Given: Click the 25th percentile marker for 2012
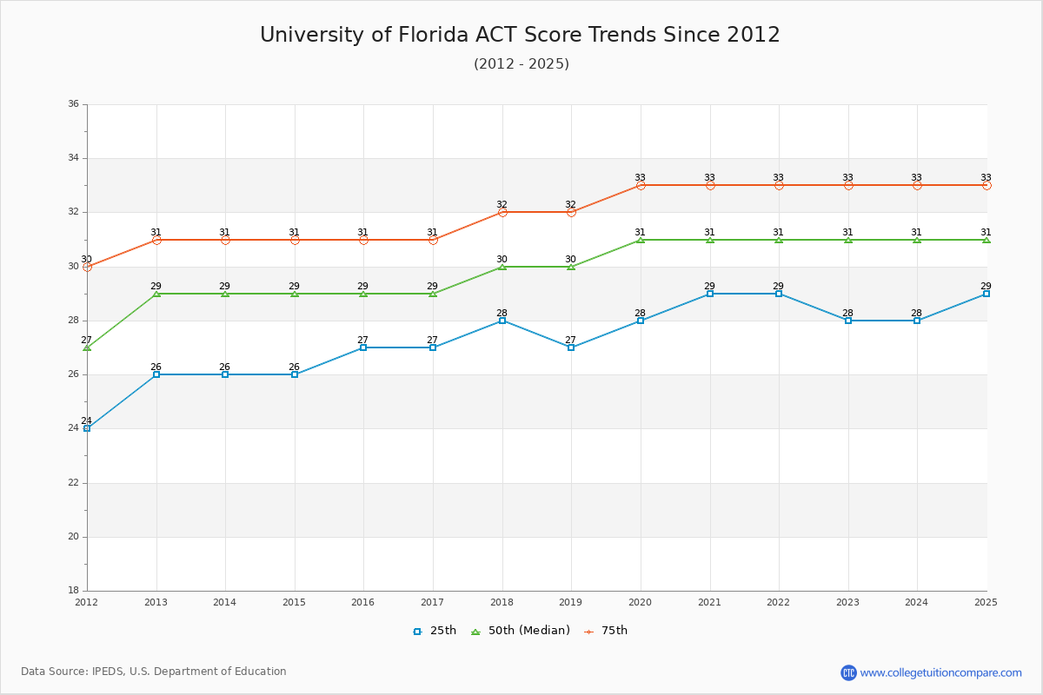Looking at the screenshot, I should [87, 428].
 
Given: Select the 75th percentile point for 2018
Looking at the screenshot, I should [502, 212].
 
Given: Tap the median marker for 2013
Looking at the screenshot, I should [156, 294].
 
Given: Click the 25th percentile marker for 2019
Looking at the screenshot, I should [571, 347].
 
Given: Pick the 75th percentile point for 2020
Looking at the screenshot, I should [641, 185].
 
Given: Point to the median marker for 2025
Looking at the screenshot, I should [987, 239].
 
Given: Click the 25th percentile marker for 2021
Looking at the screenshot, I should [710, 294].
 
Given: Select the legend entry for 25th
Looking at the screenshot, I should [434, 631].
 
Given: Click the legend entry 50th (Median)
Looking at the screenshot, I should [520, 631].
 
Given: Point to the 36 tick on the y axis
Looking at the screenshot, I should [73, 104].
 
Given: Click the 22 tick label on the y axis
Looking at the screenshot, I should [73, 483].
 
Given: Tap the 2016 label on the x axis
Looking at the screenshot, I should [363, 601].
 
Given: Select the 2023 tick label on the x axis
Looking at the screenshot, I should [847, 601].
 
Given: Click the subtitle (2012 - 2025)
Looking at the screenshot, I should [521, 64].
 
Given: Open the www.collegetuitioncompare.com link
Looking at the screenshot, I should [940, 672].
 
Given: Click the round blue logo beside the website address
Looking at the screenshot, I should [848, 672].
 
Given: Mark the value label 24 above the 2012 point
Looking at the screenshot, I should [86, 420].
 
